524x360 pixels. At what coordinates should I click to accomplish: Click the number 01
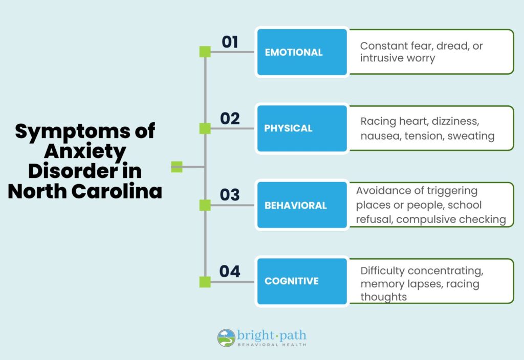pos(230,42)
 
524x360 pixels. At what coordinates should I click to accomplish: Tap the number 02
pos(230,119)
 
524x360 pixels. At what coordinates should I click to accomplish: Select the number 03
pos(230,195)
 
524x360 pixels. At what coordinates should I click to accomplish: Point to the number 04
pos(230,271)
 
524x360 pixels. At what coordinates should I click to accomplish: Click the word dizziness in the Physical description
pos(455,122)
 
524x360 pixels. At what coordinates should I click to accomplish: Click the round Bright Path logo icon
pos(226,338)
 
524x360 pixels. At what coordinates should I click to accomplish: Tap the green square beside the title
pos(177,167)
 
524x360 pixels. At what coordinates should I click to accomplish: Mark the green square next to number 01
pos(205,52)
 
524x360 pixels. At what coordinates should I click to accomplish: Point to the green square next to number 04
pos(205,282)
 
